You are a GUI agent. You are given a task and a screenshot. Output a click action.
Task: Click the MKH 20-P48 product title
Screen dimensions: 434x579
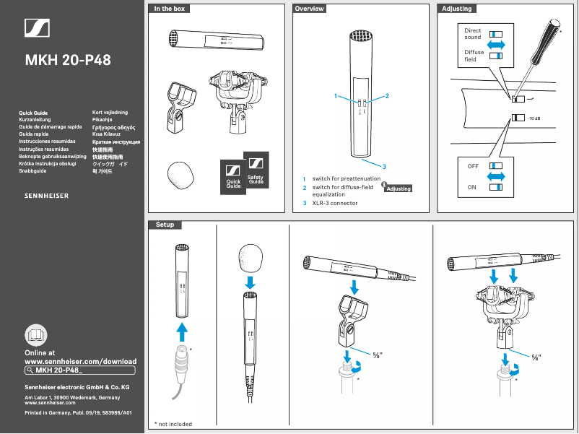coord(68,59)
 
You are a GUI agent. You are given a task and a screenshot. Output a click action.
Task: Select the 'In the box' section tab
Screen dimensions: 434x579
coord(169,9)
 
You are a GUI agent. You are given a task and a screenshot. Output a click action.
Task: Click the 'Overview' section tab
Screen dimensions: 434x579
coord(309,9)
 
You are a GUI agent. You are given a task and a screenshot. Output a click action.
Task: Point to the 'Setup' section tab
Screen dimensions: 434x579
coord(165,225)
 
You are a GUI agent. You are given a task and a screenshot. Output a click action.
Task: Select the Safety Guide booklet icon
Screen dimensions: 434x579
coord(256,171)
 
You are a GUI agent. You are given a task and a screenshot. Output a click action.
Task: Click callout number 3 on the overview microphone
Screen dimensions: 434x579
coord(385,167)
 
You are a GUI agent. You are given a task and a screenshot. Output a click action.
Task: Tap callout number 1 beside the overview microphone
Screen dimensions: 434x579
coord(336,96)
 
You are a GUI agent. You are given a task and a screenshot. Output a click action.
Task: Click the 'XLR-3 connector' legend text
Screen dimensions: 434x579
coord(334,203)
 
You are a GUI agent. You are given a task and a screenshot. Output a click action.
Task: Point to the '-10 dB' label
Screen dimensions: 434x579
coord(534,118)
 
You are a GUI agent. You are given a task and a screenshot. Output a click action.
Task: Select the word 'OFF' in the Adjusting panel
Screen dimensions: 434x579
coord(473,165)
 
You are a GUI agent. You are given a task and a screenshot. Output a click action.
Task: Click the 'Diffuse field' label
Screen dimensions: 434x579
coord(474,56)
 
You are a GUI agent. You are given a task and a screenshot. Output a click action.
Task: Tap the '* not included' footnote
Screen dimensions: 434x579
coord(173,424)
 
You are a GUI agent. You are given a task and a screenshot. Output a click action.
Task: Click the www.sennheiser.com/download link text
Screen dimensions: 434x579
coord(80,360)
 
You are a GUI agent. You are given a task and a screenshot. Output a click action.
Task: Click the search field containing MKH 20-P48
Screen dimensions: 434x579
coord(79,370)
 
